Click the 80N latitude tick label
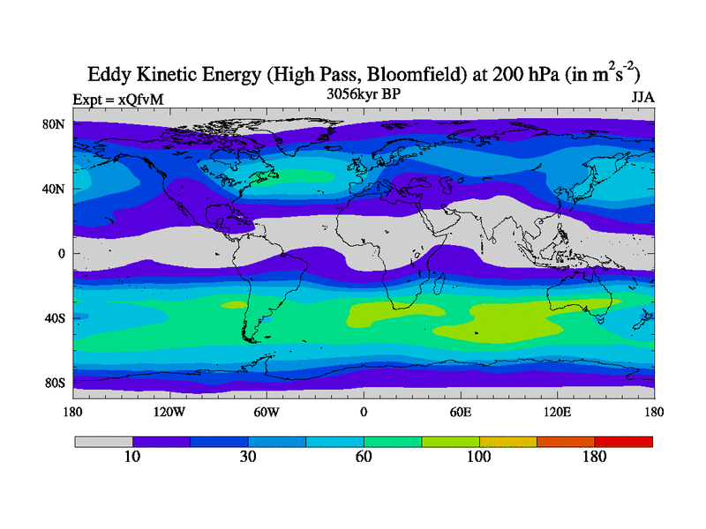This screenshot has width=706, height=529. click(56, 124)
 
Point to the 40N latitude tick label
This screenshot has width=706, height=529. click(56, 189)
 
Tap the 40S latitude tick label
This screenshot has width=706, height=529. click(56, 318)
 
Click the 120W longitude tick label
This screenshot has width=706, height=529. click(169, 412)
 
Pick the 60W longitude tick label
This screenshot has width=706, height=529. click(267, 412)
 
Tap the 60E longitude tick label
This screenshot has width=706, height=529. click(461, 412)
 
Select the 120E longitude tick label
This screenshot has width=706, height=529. click(558, 412)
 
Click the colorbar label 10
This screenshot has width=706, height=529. click(132, 457)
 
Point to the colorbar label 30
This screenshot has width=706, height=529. click(248, 457)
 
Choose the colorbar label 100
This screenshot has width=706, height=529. click(479, 457)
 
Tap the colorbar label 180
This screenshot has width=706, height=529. click(595, 457)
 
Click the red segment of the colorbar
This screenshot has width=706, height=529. click(624, 441)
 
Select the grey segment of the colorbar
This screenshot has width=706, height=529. click(103, 441)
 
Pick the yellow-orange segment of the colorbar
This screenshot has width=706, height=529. click(508, 441)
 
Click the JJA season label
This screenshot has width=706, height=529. click(642, 98)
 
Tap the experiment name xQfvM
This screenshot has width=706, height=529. click(144, 101)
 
